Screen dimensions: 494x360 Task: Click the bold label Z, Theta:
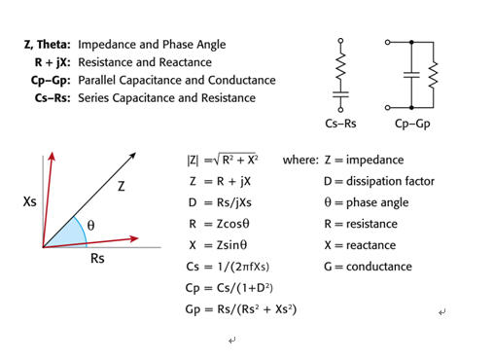click(x=48, y=45)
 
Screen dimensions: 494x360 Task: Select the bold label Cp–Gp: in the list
click(x=51, y=80)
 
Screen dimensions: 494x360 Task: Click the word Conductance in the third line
click(x=242, y=80)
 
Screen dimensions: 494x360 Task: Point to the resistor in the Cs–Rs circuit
click(x=340, y=66)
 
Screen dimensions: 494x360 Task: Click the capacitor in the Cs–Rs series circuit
click(x=340, y=94)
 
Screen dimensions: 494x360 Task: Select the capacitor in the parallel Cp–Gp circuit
click(x=411, y=75)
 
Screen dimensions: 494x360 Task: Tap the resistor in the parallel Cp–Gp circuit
click(x=433, y=75)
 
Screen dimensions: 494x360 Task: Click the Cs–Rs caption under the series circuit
click(x=340, y=124)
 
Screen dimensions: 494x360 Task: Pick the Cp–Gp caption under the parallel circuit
click(x=412, y=124)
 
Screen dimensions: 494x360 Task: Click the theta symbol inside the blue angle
click(x=90, y=225)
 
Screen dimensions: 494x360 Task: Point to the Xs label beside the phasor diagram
click(x=29, y=201)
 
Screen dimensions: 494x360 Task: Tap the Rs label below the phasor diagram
click(x=97, y=259)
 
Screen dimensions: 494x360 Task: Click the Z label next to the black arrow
click(x=121, y=186)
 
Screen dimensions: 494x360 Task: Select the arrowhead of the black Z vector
click(x=133, y=156)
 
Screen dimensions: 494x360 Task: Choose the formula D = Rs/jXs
click(x=220, y=202)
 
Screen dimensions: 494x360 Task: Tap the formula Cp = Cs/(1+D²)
click(x=229, y=288)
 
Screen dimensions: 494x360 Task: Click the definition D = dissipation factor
click(x=379, y=181)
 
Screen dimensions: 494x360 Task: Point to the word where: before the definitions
click(x=300, y=160)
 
